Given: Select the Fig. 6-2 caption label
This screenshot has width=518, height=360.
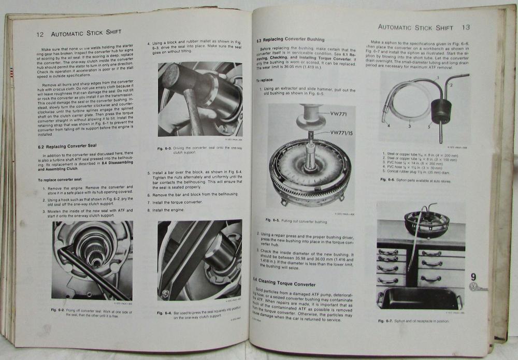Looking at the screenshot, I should tap(58, 309).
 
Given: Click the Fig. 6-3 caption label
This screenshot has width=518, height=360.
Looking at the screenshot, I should tap(165, 149).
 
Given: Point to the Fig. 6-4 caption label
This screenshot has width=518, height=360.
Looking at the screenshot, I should tap(165, 312).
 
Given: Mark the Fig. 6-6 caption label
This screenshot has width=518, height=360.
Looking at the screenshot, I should tap(387, 179).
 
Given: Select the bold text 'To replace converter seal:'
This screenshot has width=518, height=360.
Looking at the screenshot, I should tap(63, 179).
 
